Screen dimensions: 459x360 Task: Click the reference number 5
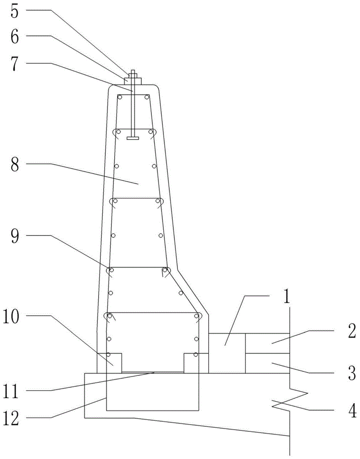point(16,11)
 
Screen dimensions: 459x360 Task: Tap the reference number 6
point(16,37)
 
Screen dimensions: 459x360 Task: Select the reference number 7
point(16,64)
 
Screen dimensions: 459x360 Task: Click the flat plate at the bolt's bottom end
point(133,137)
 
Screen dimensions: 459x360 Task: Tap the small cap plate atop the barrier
point(133,81)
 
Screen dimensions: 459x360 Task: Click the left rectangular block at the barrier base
point(110,363)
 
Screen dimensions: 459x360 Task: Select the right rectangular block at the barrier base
point(196,363)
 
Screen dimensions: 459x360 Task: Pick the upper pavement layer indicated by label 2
point(267,343)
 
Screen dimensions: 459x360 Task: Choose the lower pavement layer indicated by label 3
point(267,363)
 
